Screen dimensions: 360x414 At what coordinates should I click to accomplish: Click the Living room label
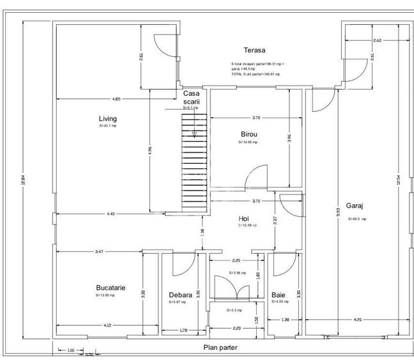click(107, 118)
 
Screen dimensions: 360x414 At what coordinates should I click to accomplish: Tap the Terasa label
click(254, 50)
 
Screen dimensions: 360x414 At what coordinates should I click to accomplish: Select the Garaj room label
click(355, 206)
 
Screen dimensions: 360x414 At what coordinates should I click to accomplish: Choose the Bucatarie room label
click(111, 288)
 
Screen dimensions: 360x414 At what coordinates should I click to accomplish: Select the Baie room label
click(279, 295)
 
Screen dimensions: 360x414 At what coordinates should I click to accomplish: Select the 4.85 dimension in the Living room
click(116, 99)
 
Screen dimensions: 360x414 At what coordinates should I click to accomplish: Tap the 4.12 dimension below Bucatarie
click(107, 326)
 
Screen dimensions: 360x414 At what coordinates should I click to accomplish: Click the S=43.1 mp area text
click(107, 126)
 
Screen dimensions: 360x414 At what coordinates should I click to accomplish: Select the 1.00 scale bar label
click(71, 350)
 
